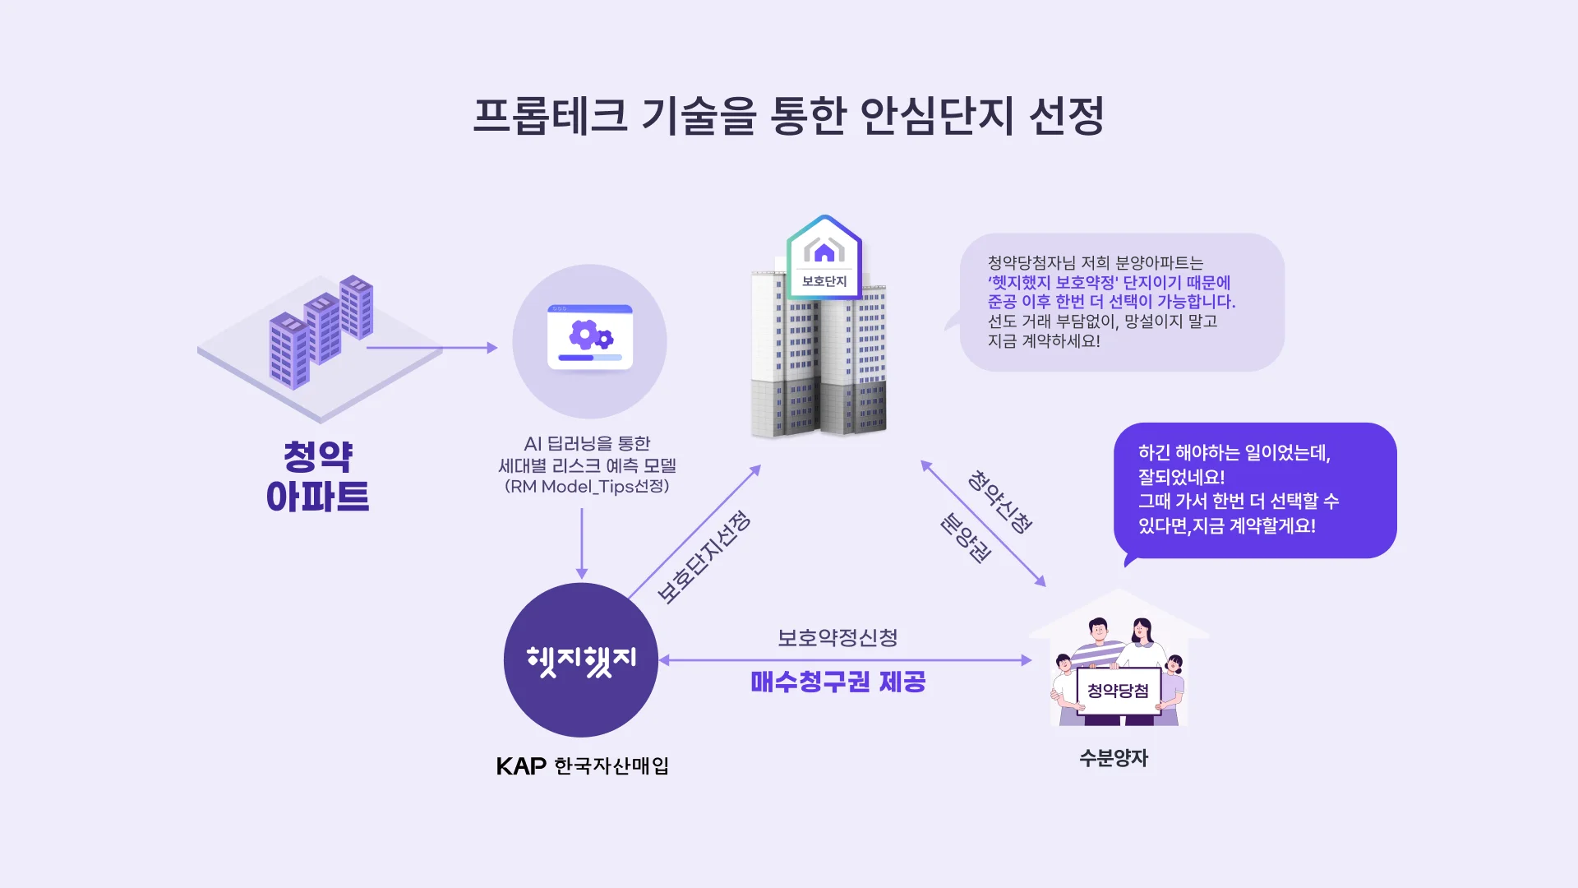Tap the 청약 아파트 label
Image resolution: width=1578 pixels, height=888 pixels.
[318, 477]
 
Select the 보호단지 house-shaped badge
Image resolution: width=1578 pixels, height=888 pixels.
[824, 258]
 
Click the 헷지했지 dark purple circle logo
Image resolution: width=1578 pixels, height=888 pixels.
[581, 660]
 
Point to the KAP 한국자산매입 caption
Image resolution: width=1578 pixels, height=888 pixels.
[582, 766]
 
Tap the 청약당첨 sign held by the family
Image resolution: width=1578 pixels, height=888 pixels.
[1118, 691]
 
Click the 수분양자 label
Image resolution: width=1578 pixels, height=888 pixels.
[1114, 758]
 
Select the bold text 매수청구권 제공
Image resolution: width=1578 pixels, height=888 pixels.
[837, 682]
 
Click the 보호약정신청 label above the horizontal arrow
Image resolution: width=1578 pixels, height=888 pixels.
[837, 638]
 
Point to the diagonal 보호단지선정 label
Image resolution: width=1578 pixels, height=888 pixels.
[704, 557]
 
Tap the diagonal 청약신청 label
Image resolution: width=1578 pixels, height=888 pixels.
[999, 502]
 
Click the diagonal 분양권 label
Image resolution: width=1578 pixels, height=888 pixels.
[966, 538]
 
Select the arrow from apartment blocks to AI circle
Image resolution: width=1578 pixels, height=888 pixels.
[431, 348]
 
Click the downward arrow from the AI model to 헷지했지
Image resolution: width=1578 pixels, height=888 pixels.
[582, 543]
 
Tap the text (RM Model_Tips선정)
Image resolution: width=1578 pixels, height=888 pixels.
[587, 487]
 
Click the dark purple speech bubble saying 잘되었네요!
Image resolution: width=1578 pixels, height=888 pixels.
[1254, 490]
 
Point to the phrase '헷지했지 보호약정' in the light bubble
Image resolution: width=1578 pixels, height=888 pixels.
[1052, 283]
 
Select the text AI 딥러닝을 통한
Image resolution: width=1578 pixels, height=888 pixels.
[587, 444]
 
